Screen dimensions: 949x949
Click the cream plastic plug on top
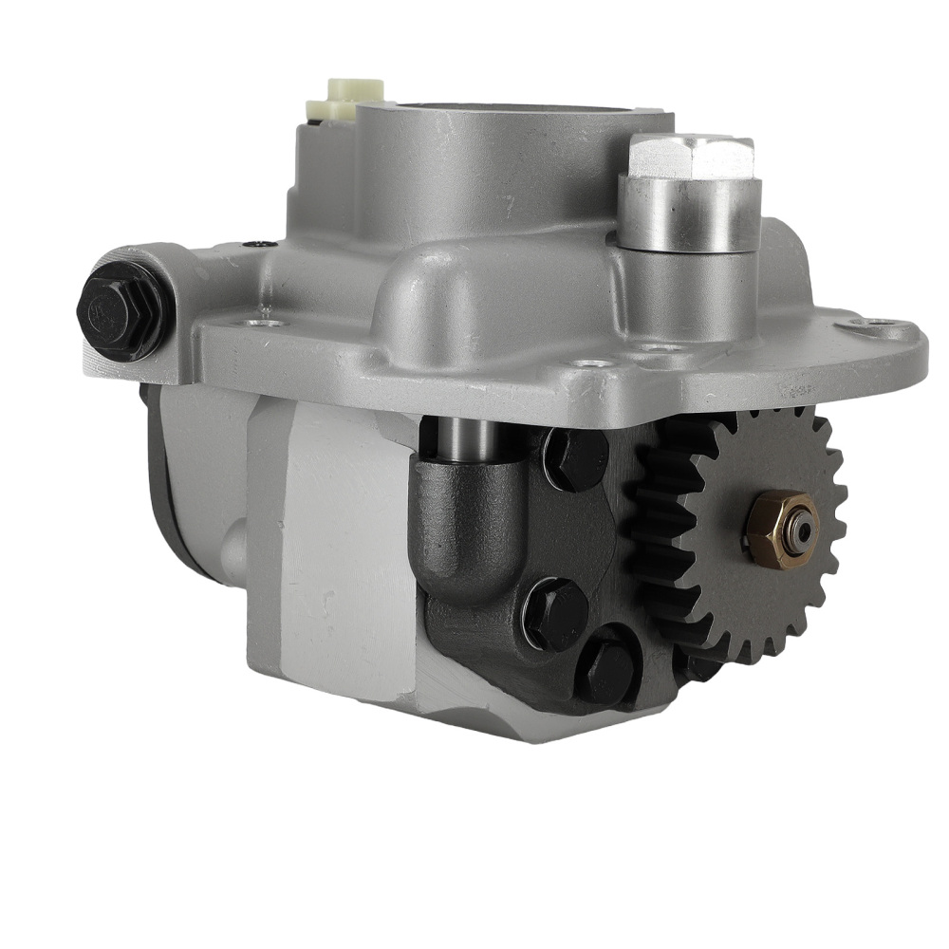(x=354, y=91)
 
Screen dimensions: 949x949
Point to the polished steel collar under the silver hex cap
(x=689, y=213)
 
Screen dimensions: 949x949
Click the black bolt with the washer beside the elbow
(x=556, y=613)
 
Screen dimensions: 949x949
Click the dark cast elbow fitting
(x=470, y=531)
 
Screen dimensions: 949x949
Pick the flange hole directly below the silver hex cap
(x=655, y=348)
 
